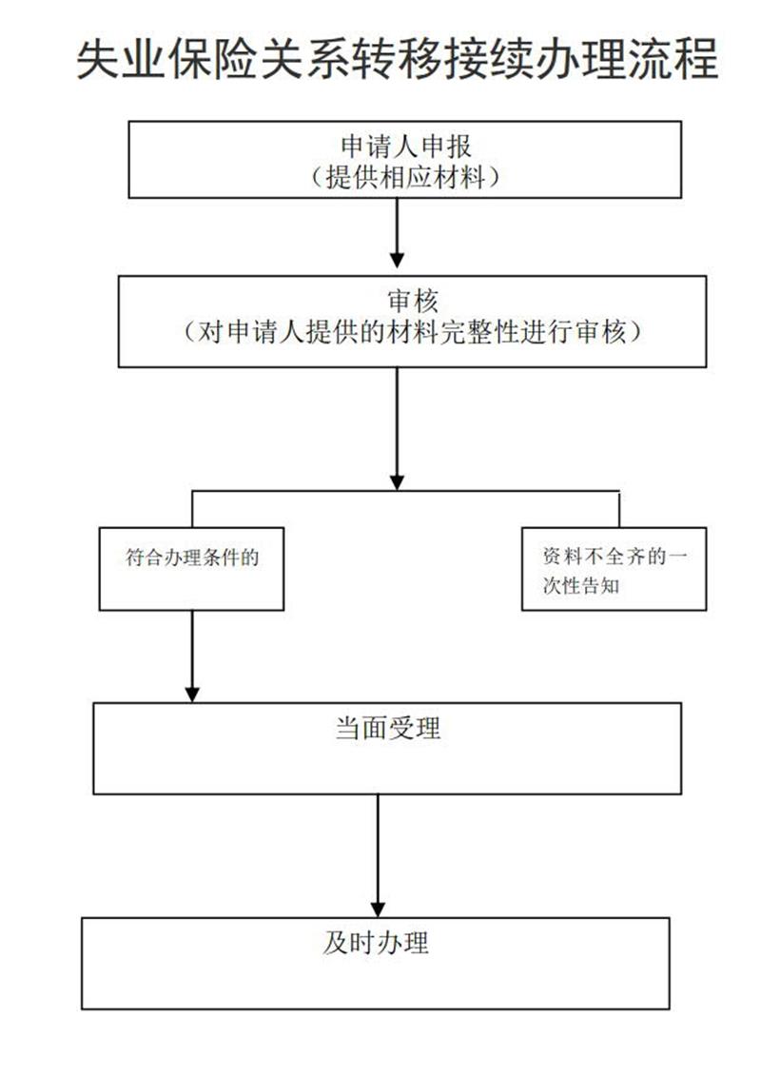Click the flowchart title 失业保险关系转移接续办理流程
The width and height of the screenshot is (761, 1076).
click(398, 59)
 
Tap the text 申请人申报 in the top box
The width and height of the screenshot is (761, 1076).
click(406, 147)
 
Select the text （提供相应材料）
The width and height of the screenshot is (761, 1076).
click(405, 177)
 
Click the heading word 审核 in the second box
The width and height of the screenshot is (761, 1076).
click(413, 301)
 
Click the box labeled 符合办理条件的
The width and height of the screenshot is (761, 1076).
click(191, 569)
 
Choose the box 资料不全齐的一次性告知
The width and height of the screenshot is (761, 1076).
click(615, 569)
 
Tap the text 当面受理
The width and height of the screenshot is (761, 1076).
click(388, 728)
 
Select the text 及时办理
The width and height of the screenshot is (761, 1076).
click(376, 942)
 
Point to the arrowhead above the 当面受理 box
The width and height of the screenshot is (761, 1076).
click(193, 694)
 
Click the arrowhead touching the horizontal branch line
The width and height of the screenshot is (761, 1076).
click(397, 481)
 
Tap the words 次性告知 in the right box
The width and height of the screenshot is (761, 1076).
click(581, 585)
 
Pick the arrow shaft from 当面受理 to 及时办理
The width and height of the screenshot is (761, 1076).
click(378, 849)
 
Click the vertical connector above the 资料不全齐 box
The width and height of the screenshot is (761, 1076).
click(619, 509)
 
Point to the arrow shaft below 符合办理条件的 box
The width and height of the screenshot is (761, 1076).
click(193, 649)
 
